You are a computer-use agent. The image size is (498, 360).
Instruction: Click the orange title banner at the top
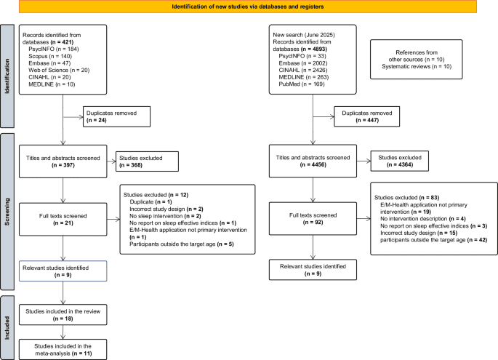click(249, 7)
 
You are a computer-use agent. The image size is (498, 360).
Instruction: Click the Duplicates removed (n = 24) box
click(116, 116)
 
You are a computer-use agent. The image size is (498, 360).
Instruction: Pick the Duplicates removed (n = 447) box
click(366, 116)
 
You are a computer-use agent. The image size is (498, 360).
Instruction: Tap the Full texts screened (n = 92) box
click(313, 217)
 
